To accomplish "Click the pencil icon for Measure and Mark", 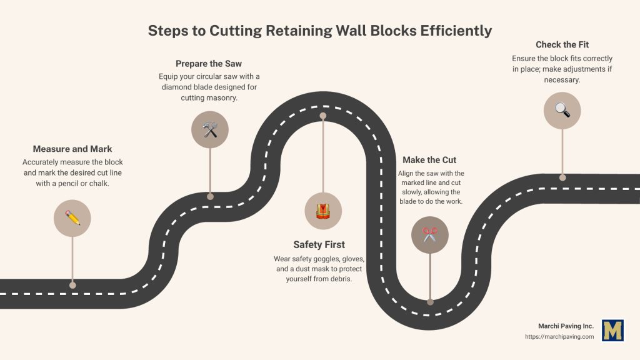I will tap(72, 218).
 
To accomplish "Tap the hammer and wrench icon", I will tap(210, 129).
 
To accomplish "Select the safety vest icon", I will tap(322, 211).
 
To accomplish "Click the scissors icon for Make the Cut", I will tap(430, 235).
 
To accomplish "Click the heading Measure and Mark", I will tap(72, 149).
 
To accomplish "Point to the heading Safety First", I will tap(319, 244).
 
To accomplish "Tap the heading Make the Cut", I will tap(429, 160).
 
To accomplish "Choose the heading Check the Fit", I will tap(562, 44).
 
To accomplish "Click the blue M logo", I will tap(612, 331).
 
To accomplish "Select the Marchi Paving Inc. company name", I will tap(566, 326).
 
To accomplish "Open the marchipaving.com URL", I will tap(559, 337).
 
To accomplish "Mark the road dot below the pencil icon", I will tap(72, 285).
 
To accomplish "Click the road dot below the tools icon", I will tap(210, 196).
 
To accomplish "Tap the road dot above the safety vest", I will tap(322, 116).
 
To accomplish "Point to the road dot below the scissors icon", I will tap(430, 302).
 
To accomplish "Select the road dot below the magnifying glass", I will tap(562, 177).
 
